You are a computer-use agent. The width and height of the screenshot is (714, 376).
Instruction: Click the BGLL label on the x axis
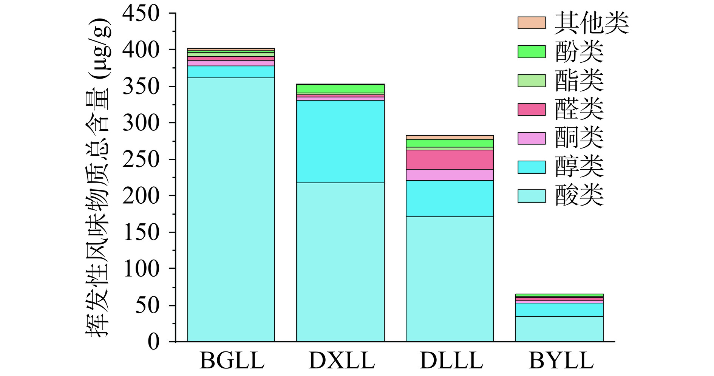click(x=232, y=361)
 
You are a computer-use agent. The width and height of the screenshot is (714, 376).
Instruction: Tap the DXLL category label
click(x=342, y=361)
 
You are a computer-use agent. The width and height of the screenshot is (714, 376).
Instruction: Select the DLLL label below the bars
click(x=451, y=361)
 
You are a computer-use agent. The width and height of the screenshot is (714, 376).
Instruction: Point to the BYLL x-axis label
click(x=561, y=361)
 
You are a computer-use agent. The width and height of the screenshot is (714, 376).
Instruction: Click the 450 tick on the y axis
click(x=141, y=14)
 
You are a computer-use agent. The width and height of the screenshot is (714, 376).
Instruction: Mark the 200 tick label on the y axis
click(x=141, y=196)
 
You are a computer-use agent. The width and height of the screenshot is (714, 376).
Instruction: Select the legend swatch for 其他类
click(x=532, y=23)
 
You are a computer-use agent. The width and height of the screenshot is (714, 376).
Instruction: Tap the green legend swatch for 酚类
click(x=532, y=51)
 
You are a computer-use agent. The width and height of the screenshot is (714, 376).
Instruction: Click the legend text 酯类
click(x=579, y=80)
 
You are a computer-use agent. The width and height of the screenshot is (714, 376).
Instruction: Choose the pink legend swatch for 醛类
click(x=532, y=110)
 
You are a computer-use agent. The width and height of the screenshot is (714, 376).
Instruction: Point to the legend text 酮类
click(x=579, y=138)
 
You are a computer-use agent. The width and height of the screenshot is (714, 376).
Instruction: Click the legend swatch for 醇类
click(x=532, y=167)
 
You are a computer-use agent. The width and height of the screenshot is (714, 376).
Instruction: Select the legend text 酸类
click(x=579, y=196)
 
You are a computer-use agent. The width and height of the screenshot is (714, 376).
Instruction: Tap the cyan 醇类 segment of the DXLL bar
click(x=340, y=142)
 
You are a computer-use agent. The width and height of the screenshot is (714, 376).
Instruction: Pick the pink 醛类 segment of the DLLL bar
click(x=450, y=159)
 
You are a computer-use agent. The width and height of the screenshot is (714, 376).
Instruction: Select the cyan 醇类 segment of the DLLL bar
click(x=450, y=198)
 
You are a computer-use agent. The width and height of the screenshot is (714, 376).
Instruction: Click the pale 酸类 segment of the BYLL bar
click(x=559, y=329)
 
